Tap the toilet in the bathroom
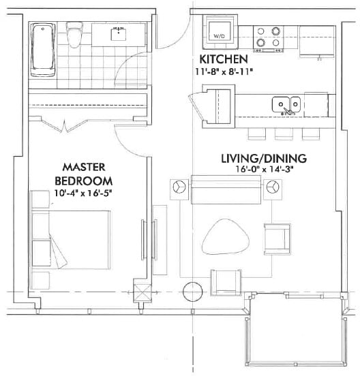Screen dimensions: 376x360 [x=74, y=32]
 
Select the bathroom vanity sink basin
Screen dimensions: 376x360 [x=120, y=31]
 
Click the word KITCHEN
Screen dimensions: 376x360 [x=223, y=59]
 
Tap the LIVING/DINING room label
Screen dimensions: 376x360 [x=263, y=159]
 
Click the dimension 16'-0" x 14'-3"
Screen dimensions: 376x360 [x=264, y=170]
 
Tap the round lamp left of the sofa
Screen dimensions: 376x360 [x=180, y=187]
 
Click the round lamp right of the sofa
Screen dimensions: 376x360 [x=273, y=187]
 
